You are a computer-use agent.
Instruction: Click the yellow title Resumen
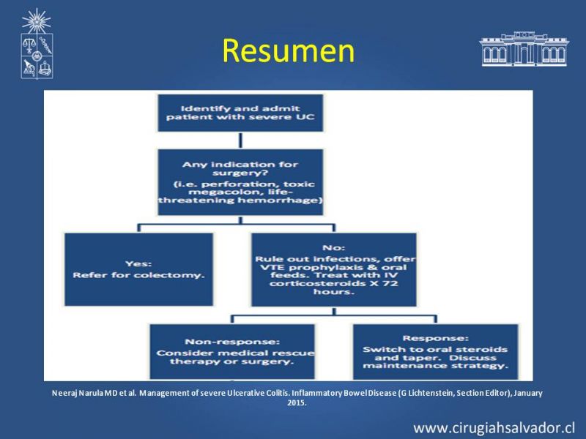pos(288,50)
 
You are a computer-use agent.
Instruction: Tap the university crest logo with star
pos(37,44)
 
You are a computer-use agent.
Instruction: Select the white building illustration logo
pos(524,49)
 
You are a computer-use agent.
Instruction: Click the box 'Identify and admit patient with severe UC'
pos(240,113)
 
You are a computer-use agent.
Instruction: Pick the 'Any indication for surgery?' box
pos(240,182)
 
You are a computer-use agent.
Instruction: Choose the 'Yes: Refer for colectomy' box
pos(138,269)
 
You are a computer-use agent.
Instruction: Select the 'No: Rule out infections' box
pos(334,269)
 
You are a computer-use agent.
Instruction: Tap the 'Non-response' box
pos(232,351)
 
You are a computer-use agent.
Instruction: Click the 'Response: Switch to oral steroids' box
pos(435,351)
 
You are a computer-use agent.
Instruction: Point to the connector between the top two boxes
pos(240,140)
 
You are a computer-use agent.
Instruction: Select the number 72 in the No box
pos(390,283)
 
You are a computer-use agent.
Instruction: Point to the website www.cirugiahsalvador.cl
pos(494,428)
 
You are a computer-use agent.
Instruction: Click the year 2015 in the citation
pos(297,403)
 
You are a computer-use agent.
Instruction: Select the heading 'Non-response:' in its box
pos(232,342)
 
